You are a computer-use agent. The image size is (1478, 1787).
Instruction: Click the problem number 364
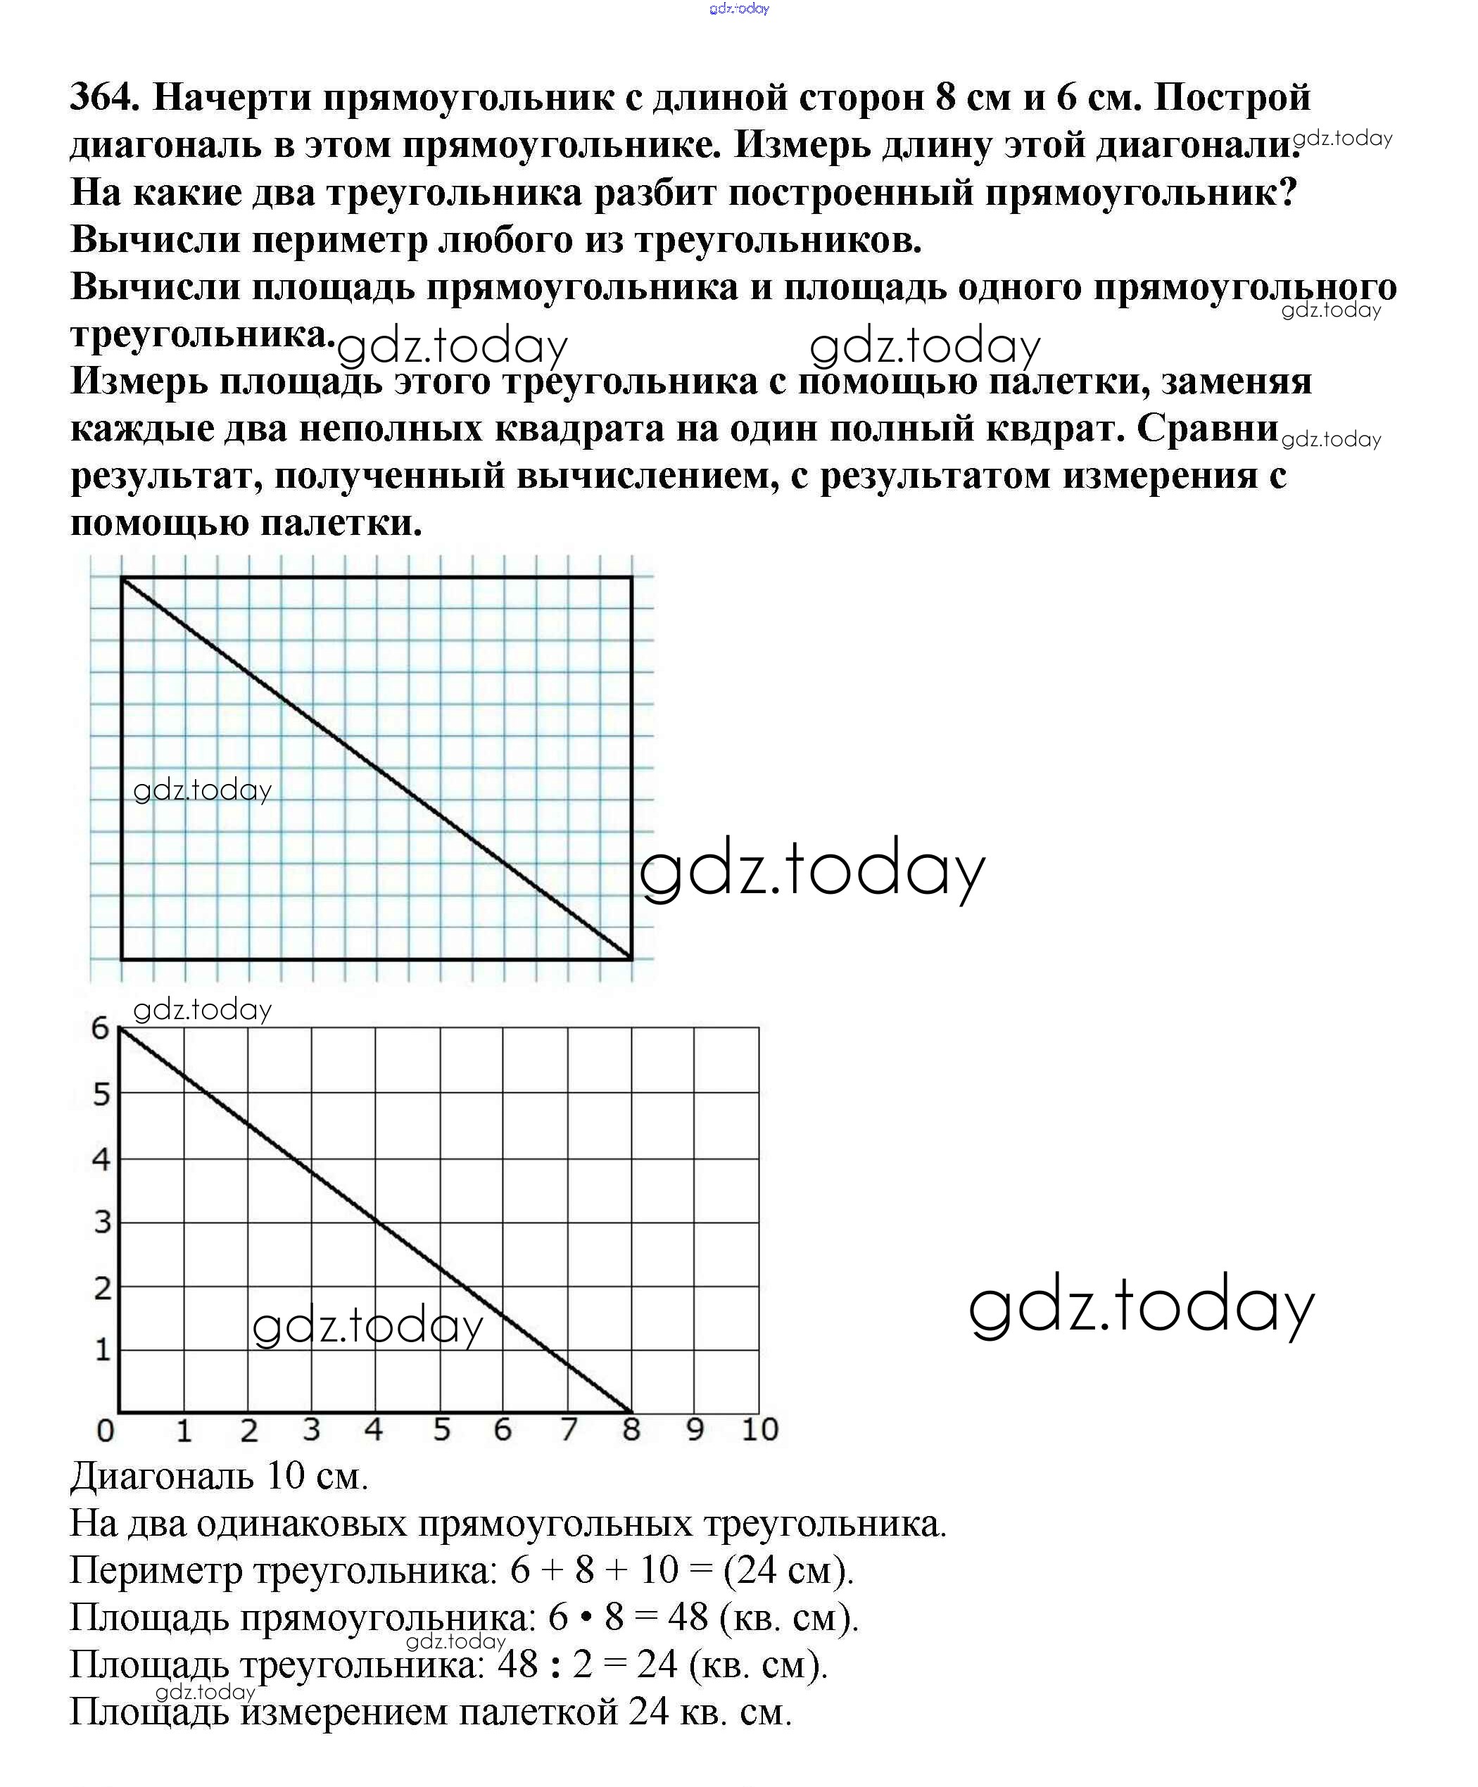pyautogui.click(x=103, y=98)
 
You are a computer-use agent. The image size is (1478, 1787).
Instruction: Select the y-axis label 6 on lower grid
pyautogui.click(x=101, y=1029)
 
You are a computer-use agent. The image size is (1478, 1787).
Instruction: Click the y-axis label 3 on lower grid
pyautogui.click(x=102, y=1223)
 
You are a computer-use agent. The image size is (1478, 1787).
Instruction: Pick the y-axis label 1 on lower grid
pyautogui.click(x=102, y=1351)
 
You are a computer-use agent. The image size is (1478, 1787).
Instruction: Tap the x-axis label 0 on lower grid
pyautogui.click(x=105, y=1430)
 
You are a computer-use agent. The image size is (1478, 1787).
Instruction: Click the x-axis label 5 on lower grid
pyautogui.click(x=441, y=1430)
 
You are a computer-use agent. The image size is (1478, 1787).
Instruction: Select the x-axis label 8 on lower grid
pyautogui.click(x=631, y=1430)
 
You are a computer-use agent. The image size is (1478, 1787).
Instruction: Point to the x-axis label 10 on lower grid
pyautogui.click(x=759, y=1430)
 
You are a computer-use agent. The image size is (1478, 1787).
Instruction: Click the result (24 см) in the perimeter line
pyautogui.click(x=788, y=1570)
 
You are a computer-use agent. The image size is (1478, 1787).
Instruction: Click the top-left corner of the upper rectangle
pyautogui.click(x=122, y=578)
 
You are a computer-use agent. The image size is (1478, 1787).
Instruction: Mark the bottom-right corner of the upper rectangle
pyautogui.click(x=631, y=959)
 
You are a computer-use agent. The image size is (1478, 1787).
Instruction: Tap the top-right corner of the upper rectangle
pyautogui.click(x=631, y=578)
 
